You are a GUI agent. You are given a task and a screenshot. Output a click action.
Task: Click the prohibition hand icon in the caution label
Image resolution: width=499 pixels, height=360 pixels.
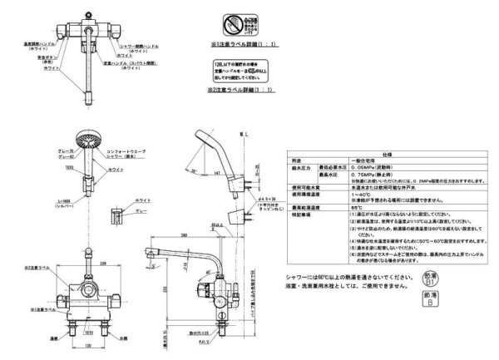coord(235,19)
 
